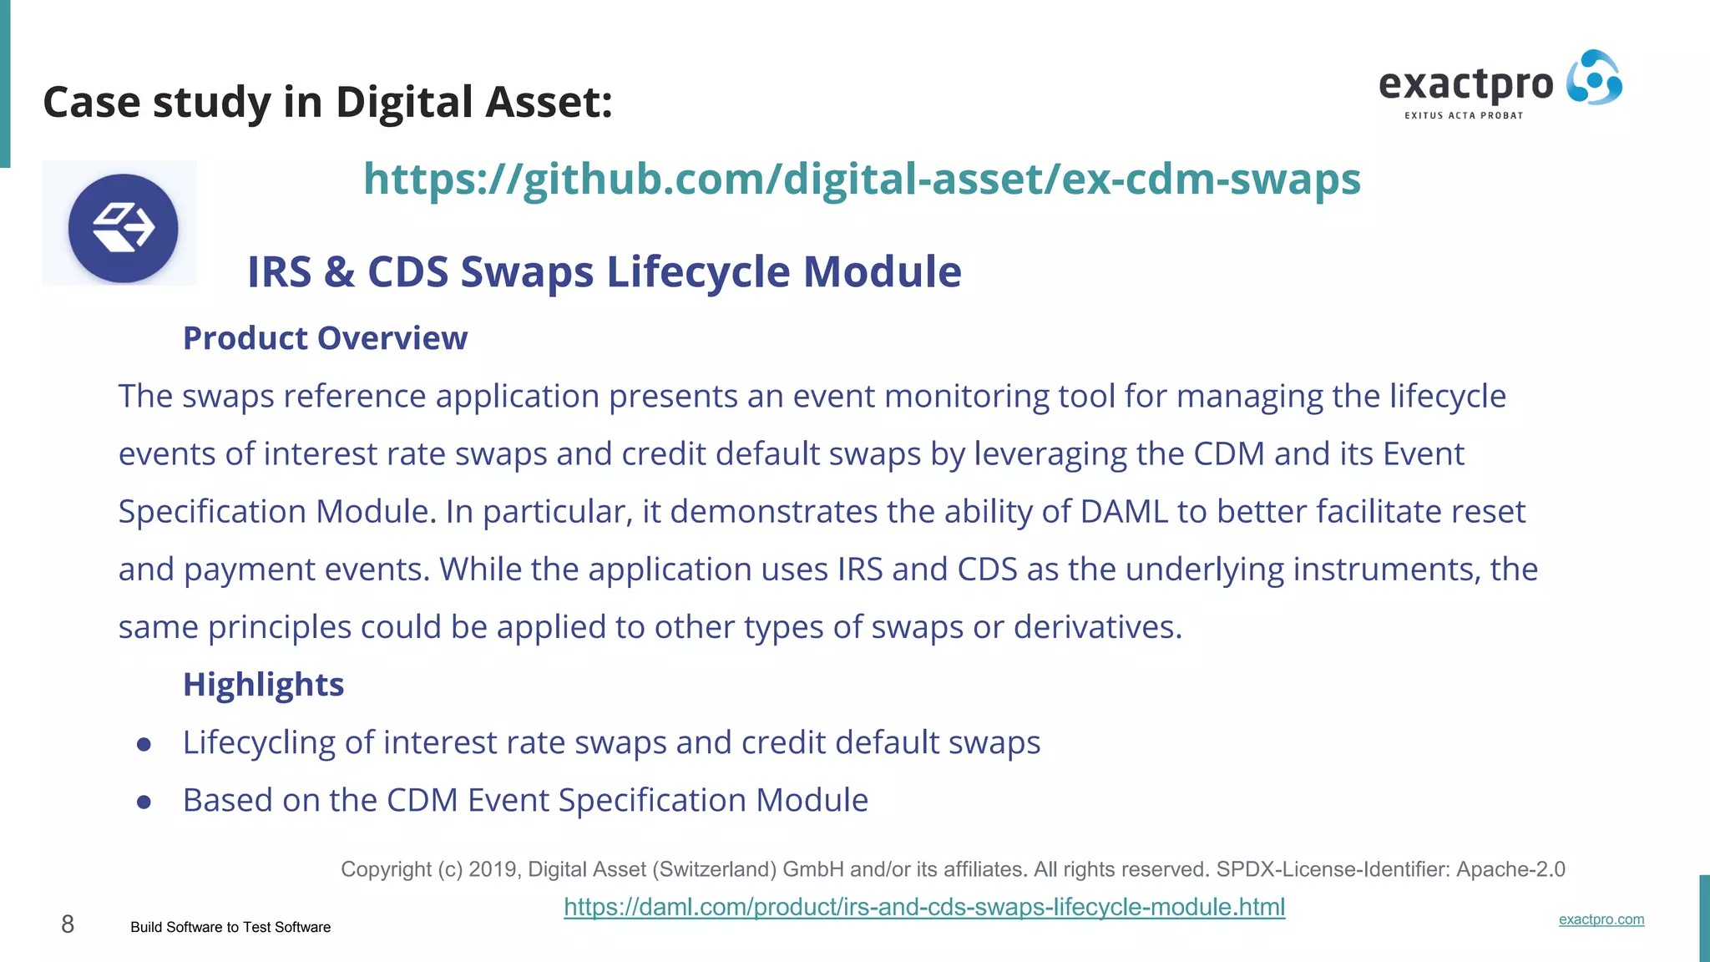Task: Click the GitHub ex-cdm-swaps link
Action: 862,179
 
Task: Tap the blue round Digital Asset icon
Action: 123,228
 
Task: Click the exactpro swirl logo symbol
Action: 1594,78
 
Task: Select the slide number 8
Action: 68,924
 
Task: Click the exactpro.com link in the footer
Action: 1601,919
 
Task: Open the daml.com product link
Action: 924,907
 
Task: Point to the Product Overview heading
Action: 325,338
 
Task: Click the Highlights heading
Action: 263,684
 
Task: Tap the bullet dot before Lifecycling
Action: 144,744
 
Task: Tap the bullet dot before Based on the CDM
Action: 144,803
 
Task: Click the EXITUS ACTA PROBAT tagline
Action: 1464,115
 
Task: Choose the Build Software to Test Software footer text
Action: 230,927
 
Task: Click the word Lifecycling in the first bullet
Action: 259,742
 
